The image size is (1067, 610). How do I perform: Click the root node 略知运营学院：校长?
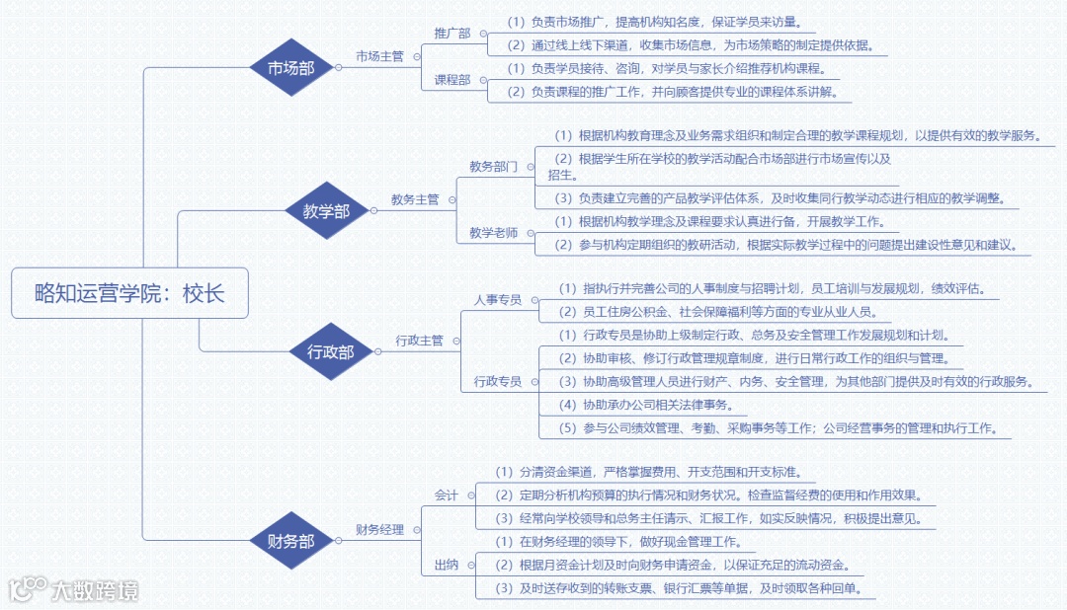click(x=129, y=293)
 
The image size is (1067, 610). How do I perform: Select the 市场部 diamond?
click(x=291, y=68)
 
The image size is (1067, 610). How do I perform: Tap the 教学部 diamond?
click(x=325, y=210)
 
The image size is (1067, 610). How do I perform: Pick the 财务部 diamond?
click(x=291, y=541)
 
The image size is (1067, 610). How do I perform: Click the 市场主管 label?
click(x=379, y=56)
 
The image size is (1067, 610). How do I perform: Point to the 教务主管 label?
click(x=415, y=199)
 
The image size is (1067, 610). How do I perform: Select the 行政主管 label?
click(x=419, y=341)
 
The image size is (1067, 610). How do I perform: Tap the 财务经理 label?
click(x=380, y=530)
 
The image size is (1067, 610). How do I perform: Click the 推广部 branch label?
click(x=452, y=33)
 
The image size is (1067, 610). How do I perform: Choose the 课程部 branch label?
click(x=452, y=80)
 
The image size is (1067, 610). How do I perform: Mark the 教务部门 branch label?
click(x=493, y=167)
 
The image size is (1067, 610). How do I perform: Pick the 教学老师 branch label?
click(x=493, y=233)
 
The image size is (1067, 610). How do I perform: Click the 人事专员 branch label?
click(x=498, y=299)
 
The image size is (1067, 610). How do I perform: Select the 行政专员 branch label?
click(x=498, y=381)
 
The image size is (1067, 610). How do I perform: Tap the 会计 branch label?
click(x=446, y=495)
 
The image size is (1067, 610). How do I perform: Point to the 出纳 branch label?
click(x=446, y=565)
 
